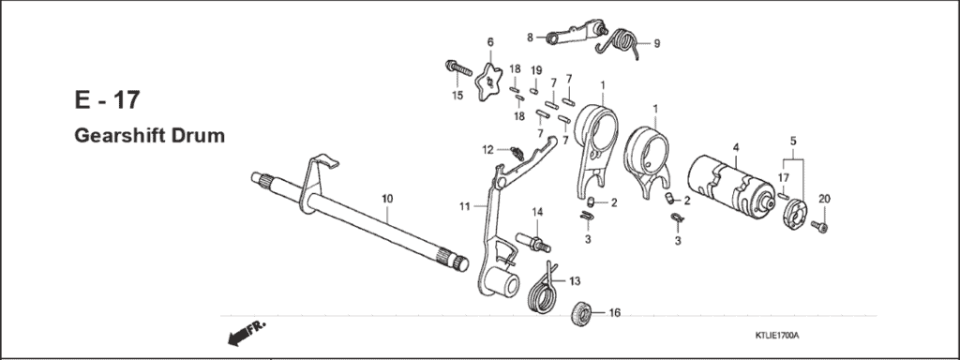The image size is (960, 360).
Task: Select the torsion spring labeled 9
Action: tap(622, 43)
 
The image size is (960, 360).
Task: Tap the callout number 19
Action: tap(536, 71)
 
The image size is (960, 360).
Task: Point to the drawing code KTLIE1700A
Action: tap(783, 335)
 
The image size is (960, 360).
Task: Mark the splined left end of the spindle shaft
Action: tap(263, 177)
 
